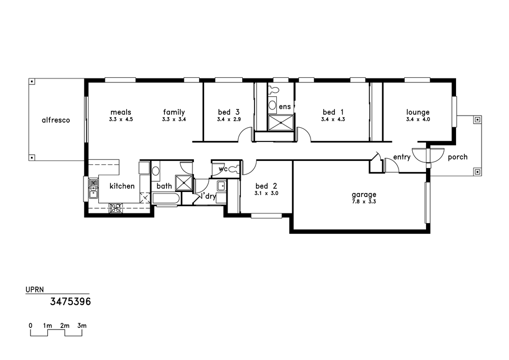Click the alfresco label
[x=56, y=120]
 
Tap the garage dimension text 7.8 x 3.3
[x=364, y=202]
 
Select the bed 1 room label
[x=333, y=112]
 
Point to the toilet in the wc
[x=234, y=169]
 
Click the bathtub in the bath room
[x=165, y=199]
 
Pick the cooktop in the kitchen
[x=115, y=208]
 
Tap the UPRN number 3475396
[x=70, y=301]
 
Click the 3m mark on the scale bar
[x=82, y=325]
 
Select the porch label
[x=458, y=157]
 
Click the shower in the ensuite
[x=281, y=123]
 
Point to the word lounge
[x=418, y=113]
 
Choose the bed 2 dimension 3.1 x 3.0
[x=266, y=193]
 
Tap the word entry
[x=402, y=157]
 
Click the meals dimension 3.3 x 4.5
[x=121, y=119]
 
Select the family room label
[x=174, y=113]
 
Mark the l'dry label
[x=208, y=196]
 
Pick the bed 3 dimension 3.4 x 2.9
[x=229, y=119]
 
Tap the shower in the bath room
[x=184, y=182]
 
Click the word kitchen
[x=122, y=186]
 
